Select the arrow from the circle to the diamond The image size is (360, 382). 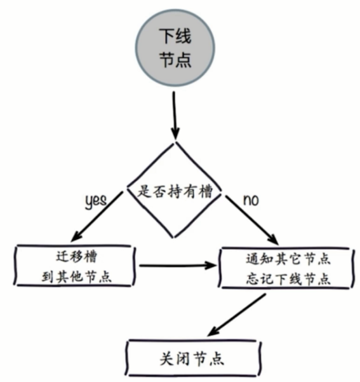point(174,114)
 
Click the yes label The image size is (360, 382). point(95,200)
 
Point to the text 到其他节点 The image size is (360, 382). point(74,277)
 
